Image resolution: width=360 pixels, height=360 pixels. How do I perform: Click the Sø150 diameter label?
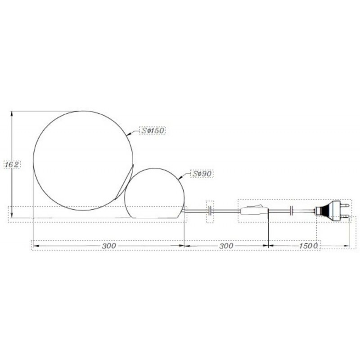pos(153,130)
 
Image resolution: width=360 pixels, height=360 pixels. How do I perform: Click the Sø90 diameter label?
pos(202,174)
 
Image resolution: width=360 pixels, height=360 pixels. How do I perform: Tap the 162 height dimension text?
pos(12,164)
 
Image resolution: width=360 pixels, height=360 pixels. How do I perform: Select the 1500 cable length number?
pos(308,246)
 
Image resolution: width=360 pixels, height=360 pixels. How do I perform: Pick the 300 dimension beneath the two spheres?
pos(109,246)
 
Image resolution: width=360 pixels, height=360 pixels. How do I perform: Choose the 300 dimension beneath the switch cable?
pos(226,246)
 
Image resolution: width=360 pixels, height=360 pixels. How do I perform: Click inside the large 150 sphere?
pos(83,161)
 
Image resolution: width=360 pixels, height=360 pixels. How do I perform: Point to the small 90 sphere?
pos(154,193)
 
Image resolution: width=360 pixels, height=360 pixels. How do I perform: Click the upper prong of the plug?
pos(344,205)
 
